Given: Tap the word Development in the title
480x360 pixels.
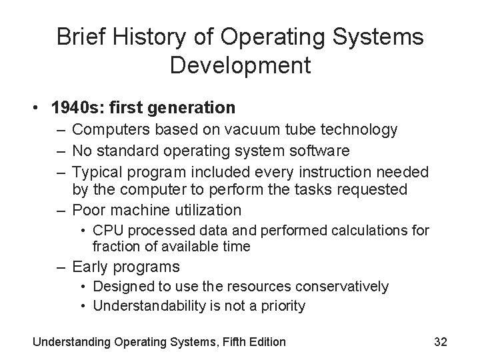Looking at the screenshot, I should (240, 65).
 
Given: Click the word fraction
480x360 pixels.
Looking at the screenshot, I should (115, 246).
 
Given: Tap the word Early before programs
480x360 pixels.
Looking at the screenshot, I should (91, 267).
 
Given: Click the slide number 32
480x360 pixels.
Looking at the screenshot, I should (440, 342).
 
